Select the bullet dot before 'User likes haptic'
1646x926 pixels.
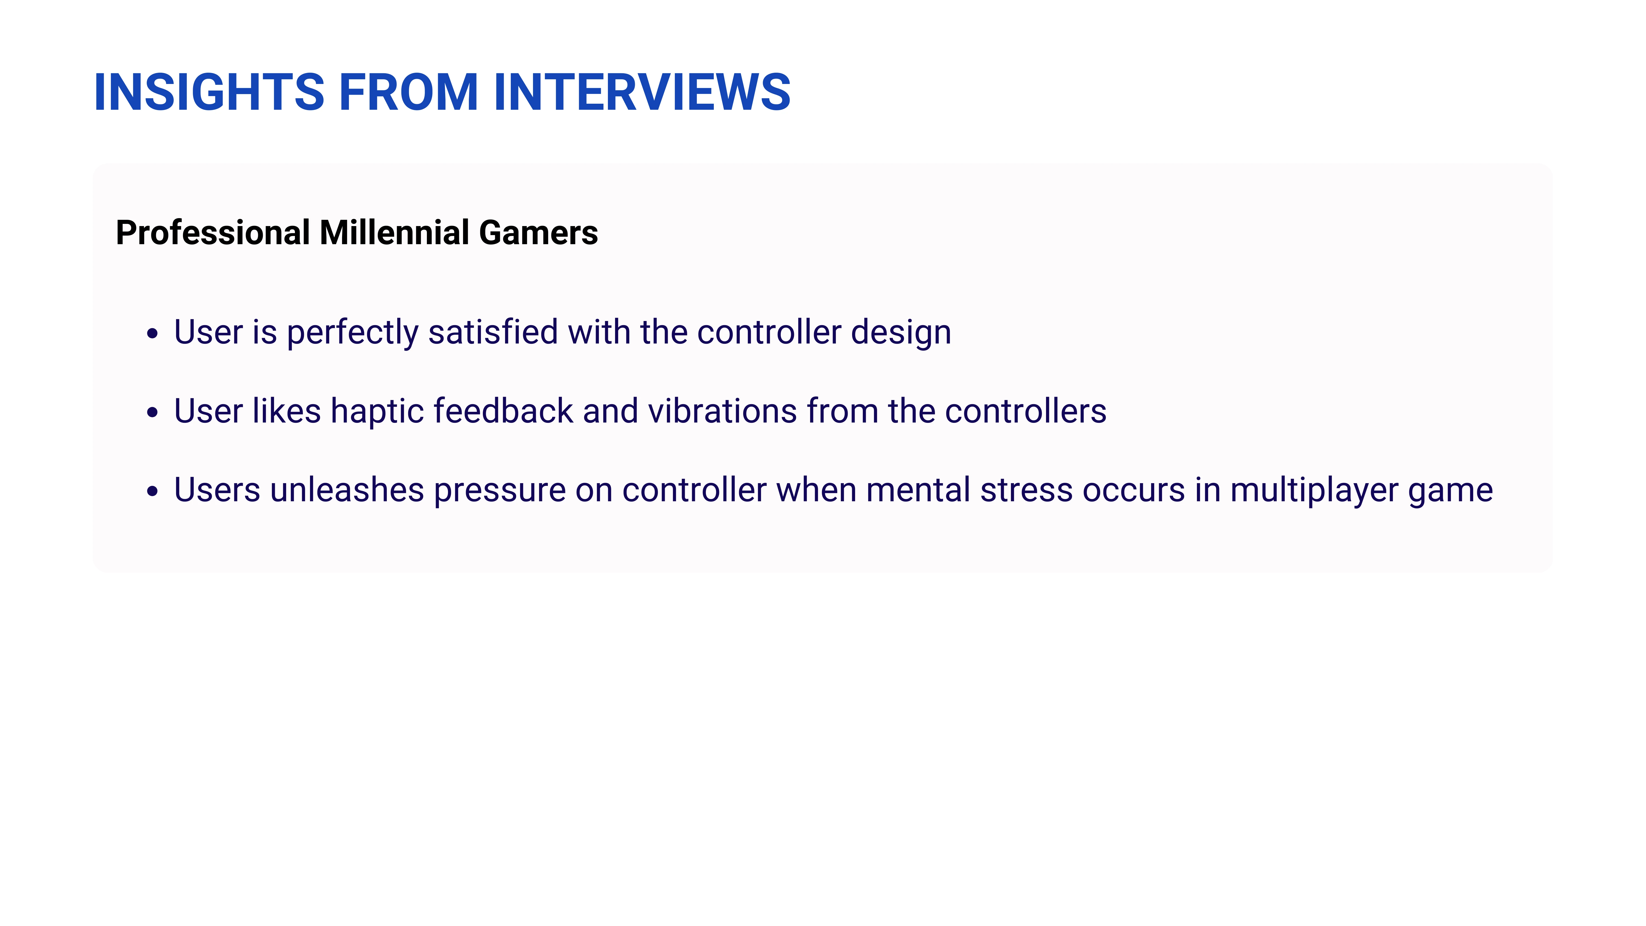[x=152, y=412]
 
